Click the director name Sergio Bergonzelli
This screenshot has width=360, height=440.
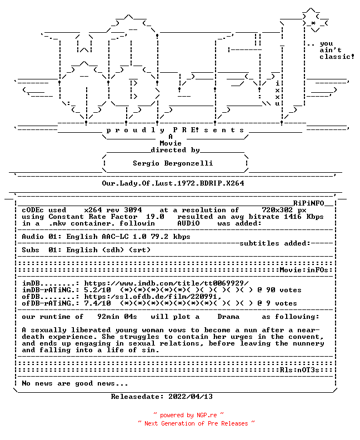click(173, 163)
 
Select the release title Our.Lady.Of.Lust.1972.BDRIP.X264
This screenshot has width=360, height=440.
click(173, 183)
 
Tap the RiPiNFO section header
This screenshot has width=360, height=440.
click(309, 203)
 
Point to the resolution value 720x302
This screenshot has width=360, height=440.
click(277, 210)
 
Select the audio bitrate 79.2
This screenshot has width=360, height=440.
click(159, 237)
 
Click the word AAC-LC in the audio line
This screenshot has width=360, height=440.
click(115, 237)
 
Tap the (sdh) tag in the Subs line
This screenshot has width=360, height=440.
click(113, 250)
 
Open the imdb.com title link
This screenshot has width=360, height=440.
click(167, 283)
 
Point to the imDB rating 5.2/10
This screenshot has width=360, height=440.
click(97, 290)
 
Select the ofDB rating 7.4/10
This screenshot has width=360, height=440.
click(97, 303)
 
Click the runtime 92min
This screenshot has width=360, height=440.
click(106, 317)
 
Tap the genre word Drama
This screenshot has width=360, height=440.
click(228, 317)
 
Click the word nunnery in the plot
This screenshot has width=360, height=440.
click(308, 343)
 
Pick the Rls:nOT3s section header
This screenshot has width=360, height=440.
click(299, 370)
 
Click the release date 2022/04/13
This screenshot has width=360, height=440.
click(191, 397)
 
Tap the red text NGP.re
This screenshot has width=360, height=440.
click(207, 415)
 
